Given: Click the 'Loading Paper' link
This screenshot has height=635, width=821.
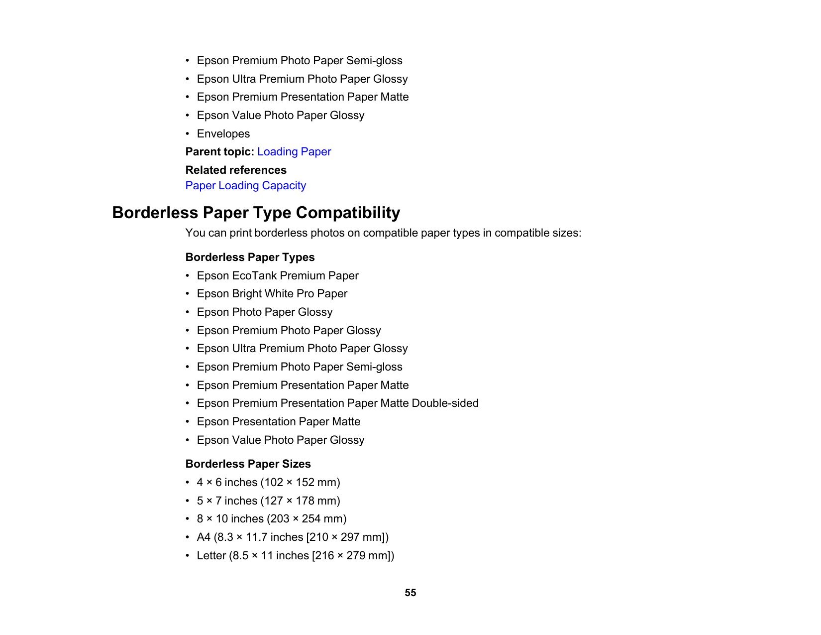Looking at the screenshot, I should (294, 152).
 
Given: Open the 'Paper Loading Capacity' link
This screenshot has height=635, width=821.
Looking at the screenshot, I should (245, 186).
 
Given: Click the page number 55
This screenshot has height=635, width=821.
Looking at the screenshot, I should (410, 593).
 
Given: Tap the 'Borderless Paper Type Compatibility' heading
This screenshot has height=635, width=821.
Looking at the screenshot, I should (256, 213).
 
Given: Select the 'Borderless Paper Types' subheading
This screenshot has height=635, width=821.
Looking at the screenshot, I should (250, 257).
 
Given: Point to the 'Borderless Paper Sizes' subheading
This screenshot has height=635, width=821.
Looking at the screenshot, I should (248, 464).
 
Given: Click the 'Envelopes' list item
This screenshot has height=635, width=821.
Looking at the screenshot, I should (223, 134).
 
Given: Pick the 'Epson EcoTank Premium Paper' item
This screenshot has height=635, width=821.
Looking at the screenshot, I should (278, 276).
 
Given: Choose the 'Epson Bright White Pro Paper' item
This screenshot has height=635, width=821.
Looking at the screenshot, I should (272, 294).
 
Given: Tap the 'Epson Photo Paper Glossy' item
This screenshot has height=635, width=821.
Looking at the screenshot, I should (265, 312).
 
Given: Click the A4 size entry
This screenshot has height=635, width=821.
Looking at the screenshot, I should (293, 537).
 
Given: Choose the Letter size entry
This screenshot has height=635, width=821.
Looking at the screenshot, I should (296, 556).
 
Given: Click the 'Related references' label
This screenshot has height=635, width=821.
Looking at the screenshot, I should (236, 170).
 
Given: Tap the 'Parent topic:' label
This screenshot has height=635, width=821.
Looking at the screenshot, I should (219, 152).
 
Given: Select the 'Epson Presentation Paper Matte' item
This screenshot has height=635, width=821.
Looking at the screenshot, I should (279, 422).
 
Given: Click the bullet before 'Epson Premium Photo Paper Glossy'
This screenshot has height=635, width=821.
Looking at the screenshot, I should (188, 331).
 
